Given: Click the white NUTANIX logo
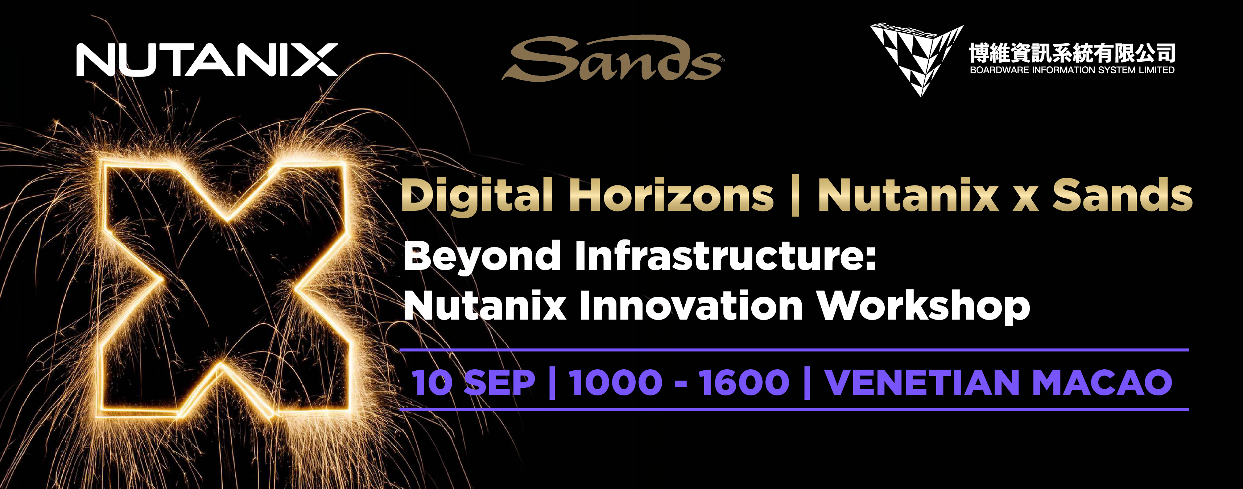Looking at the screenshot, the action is coord(207,60).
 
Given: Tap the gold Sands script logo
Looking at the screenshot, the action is coord(612,58).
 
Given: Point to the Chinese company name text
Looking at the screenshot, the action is coord(1072,53).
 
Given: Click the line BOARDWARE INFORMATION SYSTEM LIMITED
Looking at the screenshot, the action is coord(1072,70).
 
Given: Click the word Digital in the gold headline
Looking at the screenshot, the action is coord(477,196).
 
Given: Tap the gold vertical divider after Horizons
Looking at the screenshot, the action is coord(796,195).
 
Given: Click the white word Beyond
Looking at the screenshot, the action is coord(482,257).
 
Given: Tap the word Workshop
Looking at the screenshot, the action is coord(924,307).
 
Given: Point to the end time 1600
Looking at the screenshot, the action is coord(744,382).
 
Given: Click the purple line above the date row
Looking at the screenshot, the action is coord(794,349).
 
